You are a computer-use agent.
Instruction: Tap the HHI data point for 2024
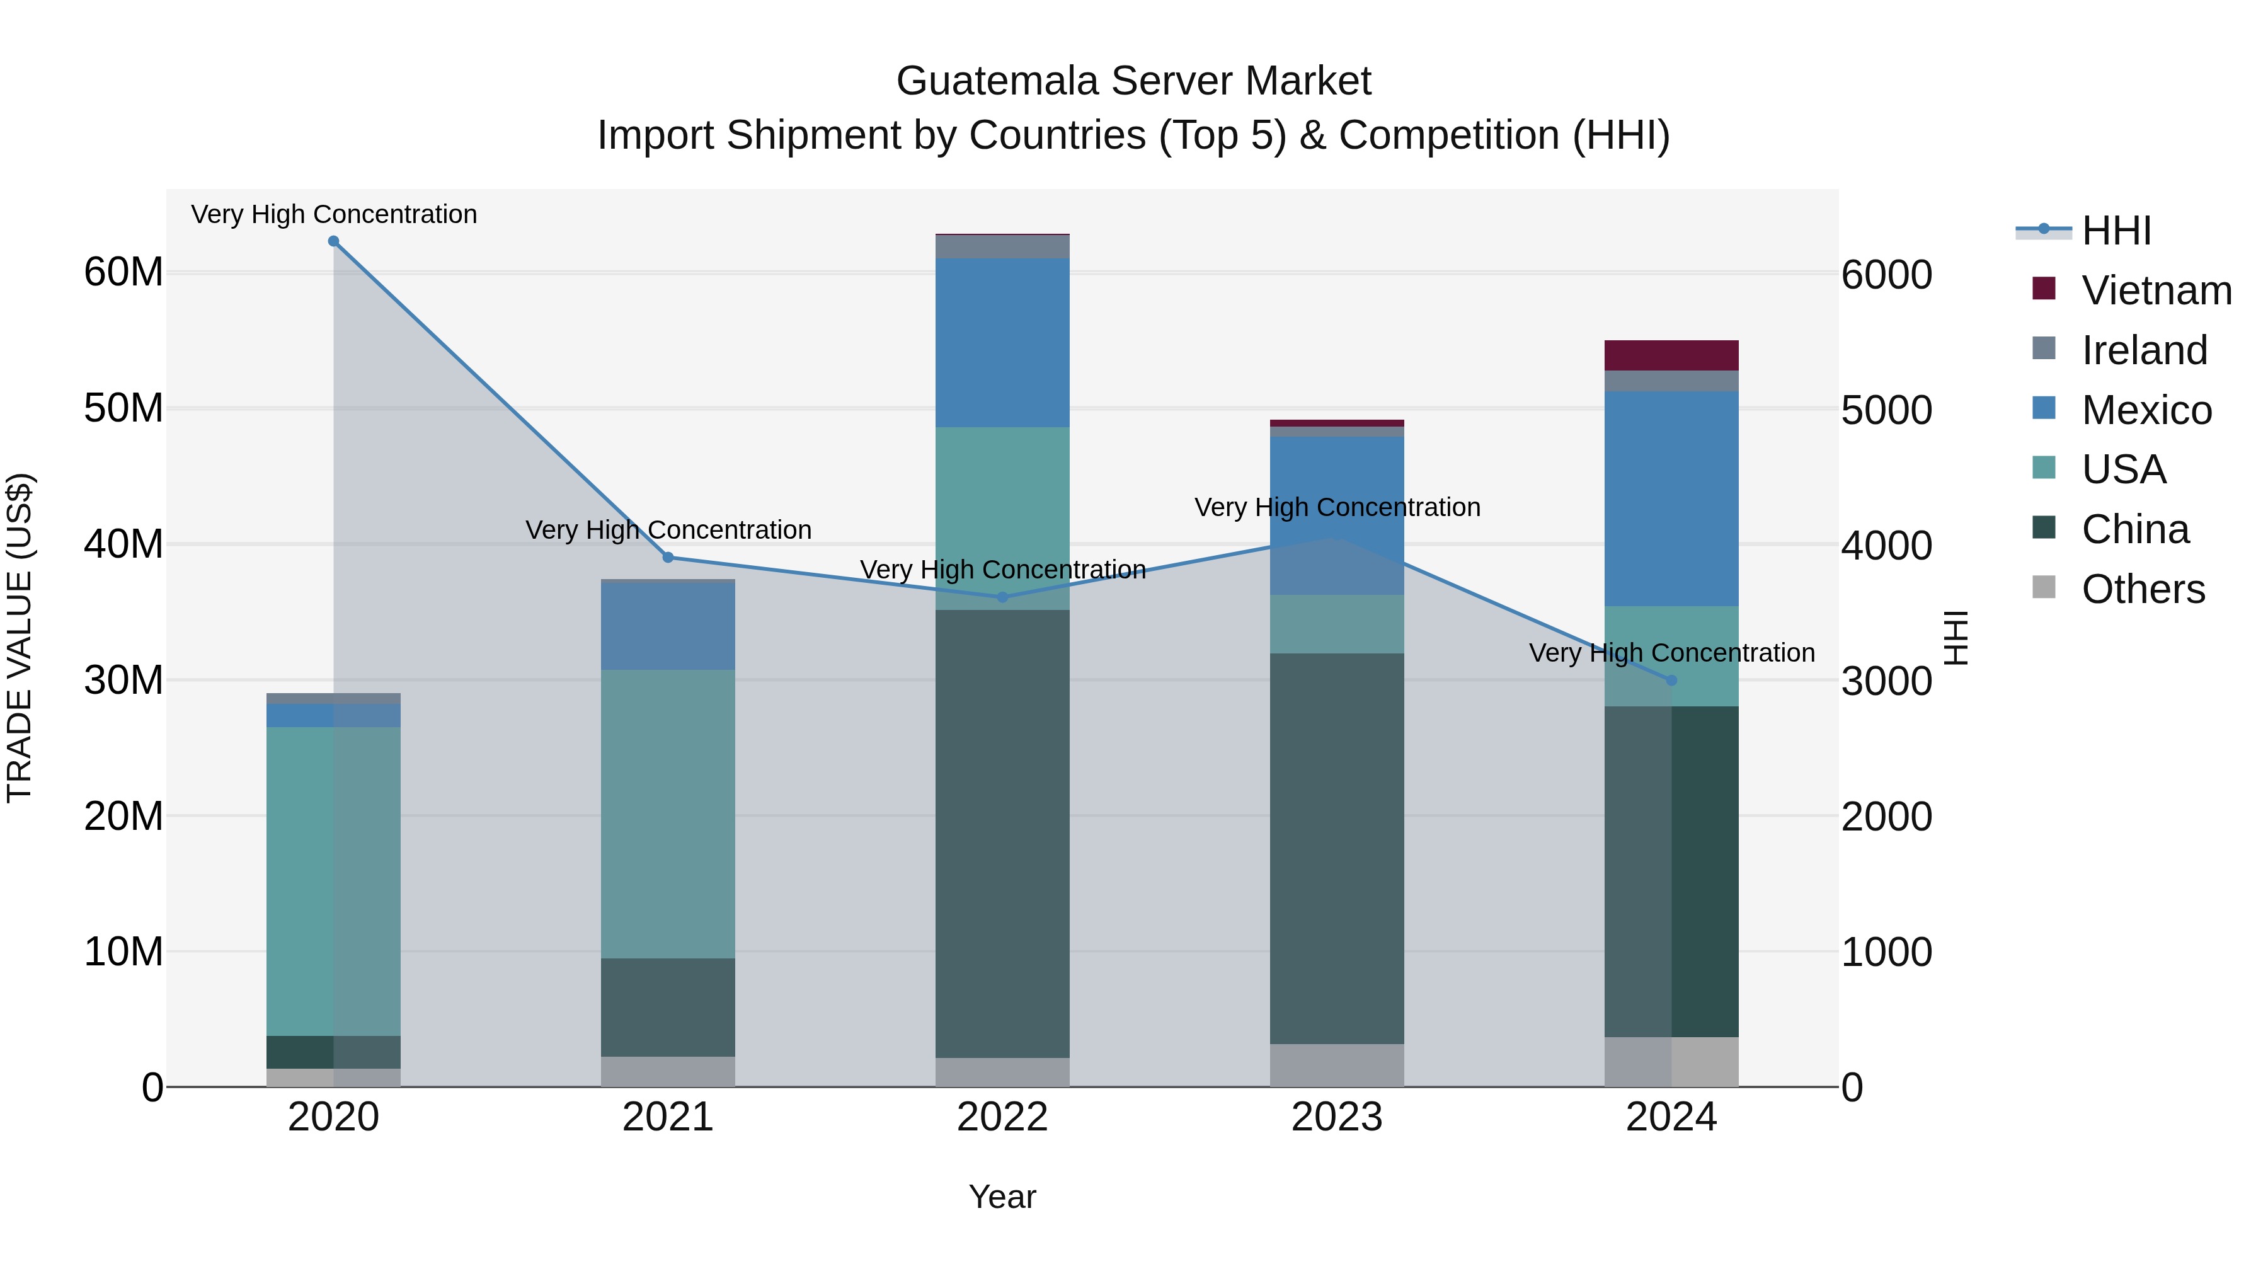(1672, 681)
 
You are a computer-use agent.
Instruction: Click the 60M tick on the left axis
(123, 272)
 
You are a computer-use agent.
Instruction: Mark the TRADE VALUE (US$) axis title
(20, 638)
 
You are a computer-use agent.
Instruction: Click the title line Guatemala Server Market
(1133, 81)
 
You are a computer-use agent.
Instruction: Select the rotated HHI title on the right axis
(1956, 638)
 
